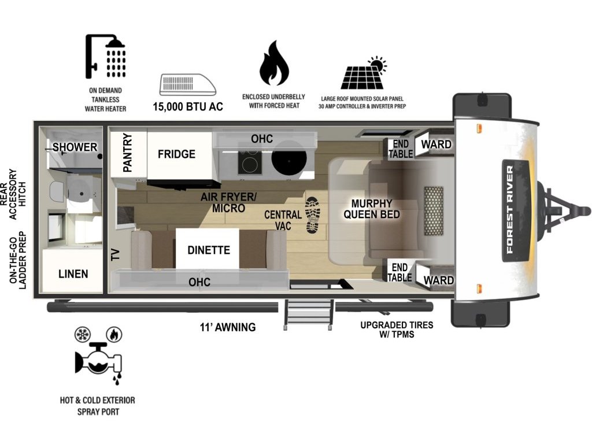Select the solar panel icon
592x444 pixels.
click(x=364, y=73)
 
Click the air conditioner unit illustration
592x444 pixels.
click(x=188, y=84)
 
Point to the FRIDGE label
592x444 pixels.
click(x=177, y=154)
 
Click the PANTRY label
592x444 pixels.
click(x=128, y=153)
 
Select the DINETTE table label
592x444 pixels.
click(x=209, y=250)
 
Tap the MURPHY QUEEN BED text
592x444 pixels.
click(x=372, y=209)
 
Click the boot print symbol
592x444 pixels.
click(x=313, y=214)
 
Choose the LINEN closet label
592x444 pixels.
click(x=73, y=273)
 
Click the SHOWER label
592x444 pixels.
click(x=75, y=147)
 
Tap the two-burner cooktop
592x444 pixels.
click(x=250, y=161)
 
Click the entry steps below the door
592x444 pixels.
click(x=309, y=314)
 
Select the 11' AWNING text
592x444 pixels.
click(x=228, y=327)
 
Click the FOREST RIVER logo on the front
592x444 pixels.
click(x=516, y=210)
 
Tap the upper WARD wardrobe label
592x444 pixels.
click(x=436, y=144)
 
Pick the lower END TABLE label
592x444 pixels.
click(x=399, y=272)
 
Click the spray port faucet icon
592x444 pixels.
click(x=99, y=357)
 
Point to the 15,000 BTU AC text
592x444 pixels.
click(x=188, y=106)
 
